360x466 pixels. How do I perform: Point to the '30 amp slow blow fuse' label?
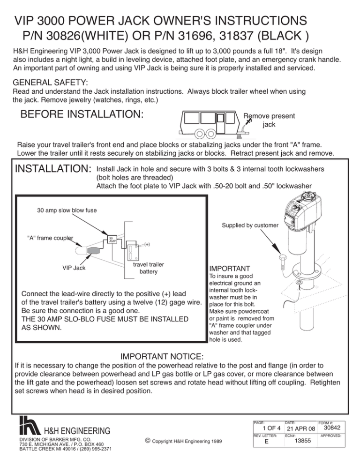click(67, 210)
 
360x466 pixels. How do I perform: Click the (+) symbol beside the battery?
click(147, 244)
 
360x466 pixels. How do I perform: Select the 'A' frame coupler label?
click(52, 238)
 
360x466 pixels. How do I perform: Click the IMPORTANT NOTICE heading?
click(162, 356)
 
